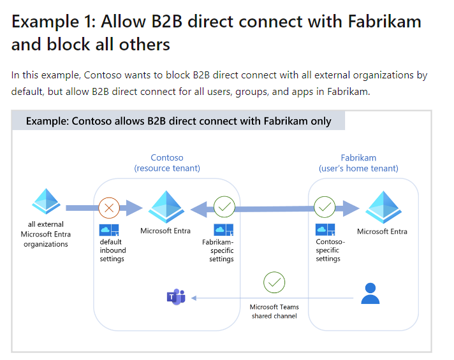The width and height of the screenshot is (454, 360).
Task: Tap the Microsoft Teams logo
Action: coord(175,297)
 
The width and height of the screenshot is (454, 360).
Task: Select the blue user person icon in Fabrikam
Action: coord(370,294)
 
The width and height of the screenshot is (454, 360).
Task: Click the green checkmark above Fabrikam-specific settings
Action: coord(224,207)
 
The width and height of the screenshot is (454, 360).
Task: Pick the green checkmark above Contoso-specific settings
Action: coord(325,207)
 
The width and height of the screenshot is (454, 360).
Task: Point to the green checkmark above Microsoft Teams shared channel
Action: coord(274,282)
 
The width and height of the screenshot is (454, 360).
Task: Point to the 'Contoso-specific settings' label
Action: coord(330,250)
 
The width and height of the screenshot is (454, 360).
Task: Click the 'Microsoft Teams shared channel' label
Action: coord(274,311)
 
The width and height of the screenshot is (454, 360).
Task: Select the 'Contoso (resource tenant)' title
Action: coord(167,163)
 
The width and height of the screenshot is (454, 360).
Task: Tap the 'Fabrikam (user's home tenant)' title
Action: coord(358,163)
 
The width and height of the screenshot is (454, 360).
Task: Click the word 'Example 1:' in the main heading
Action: coord(48,22)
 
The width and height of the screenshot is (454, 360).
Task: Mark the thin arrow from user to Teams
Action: coord(274,298)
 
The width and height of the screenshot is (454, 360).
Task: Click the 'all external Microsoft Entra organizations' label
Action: coord(46,234)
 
